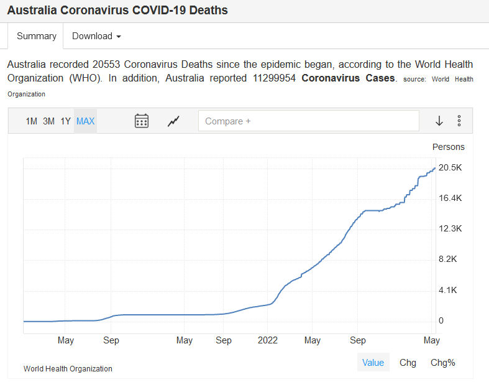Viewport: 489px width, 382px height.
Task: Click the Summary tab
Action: pyautogui.click(x=37, y=36)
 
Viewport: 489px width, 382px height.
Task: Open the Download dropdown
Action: pyautogui.click(x=96, y=36)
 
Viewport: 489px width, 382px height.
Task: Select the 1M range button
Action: pyautogui.click(x=32, y=121)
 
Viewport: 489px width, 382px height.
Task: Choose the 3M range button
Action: pyautogui.click(x=49, y=121)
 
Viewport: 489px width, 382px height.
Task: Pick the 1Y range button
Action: pyautogui.click(x=66, y=121)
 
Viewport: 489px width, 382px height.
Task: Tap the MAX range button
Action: pyautogui.click(x=85, y=121)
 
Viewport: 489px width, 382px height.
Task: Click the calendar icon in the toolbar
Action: pyautogui.click(x=142, y=121)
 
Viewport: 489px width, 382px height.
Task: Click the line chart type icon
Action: pyautogui.click(x=174, y=121)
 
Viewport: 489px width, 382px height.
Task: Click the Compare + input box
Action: pyautogui.click(x=308, y=121)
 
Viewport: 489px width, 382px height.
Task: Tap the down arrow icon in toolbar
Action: pyautogui.click(x=439, y=121)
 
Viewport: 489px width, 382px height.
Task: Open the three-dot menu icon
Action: pyautogui.click(x=459, y=121)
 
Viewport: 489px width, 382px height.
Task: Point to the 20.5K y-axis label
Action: pyautogui.click(x=450, y=167)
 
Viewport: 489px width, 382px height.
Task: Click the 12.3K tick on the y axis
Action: pyautogui.click(x=450, y=228)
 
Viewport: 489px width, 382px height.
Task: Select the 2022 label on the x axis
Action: pyautogui.click(x=268, y=340)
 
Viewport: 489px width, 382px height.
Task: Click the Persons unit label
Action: pyautogui.click(x=448, y=147)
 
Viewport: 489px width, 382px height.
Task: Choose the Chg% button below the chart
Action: pyautogui.click(x=442, y=363)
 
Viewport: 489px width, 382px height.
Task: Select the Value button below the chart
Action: pyautogui.click(x=373, y=363)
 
